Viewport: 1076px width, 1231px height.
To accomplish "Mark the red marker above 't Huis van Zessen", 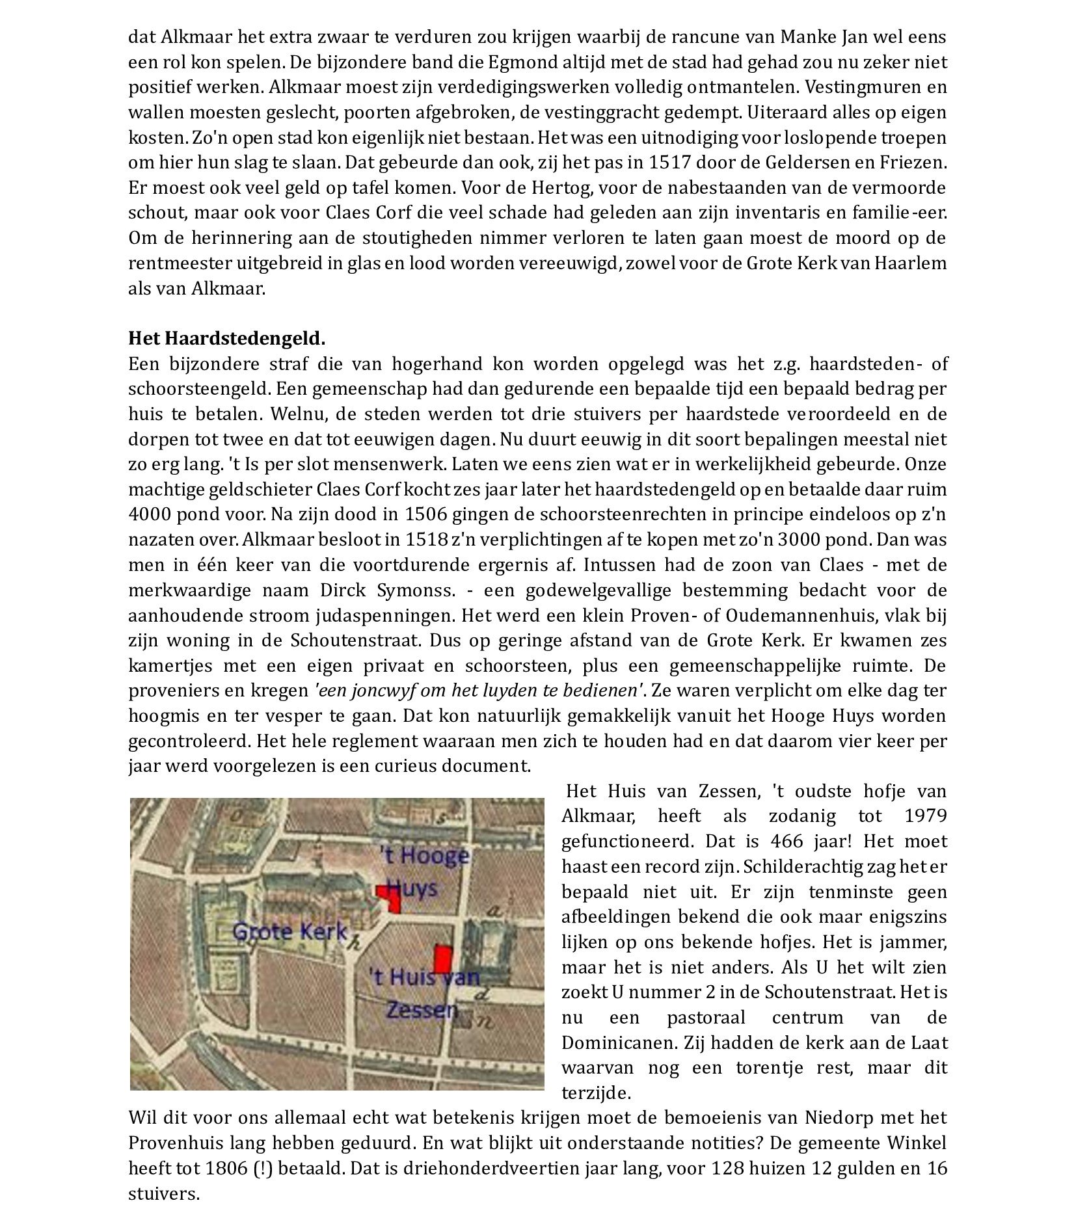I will click(x=443, y=958).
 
